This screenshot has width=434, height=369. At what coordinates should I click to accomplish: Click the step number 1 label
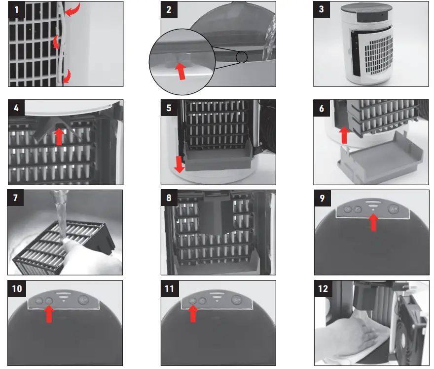(16, 9)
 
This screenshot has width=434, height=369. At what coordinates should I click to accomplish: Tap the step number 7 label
(16, 199)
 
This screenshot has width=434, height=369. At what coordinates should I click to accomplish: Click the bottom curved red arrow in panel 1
(66, 75)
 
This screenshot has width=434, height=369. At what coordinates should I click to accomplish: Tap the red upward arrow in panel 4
(59, 136)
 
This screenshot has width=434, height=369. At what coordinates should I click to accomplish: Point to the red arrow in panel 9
(373, 223)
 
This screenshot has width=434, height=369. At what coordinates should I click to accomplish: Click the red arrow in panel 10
(49, 313)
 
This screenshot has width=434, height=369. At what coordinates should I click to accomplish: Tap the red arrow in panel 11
(192, 313)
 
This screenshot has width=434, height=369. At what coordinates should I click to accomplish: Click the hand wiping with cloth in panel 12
(348, 336)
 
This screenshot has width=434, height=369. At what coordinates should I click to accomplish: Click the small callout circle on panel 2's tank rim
(241, 58)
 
